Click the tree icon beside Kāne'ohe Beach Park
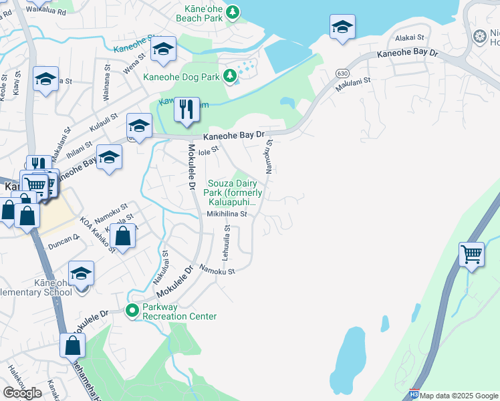click(233, 11)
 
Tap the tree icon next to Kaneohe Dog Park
click(230, 77)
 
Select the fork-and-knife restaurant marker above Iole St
click(186, 110)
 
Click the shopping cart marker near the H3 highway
click(471, 255)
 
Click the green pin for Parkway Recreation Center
click(132, 310)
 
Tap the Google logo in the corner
click(22, 392)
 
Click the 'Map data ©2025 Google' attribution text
click(459, 396)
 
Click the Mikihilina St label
click(227, 215)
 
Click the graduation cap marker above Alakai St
click(342, 28)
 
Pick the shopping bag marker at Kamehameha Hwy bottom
click(72, 346)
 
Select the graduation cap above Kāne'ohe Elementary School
click(81, 274)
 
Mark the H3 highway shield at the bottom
click(414, 396)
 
